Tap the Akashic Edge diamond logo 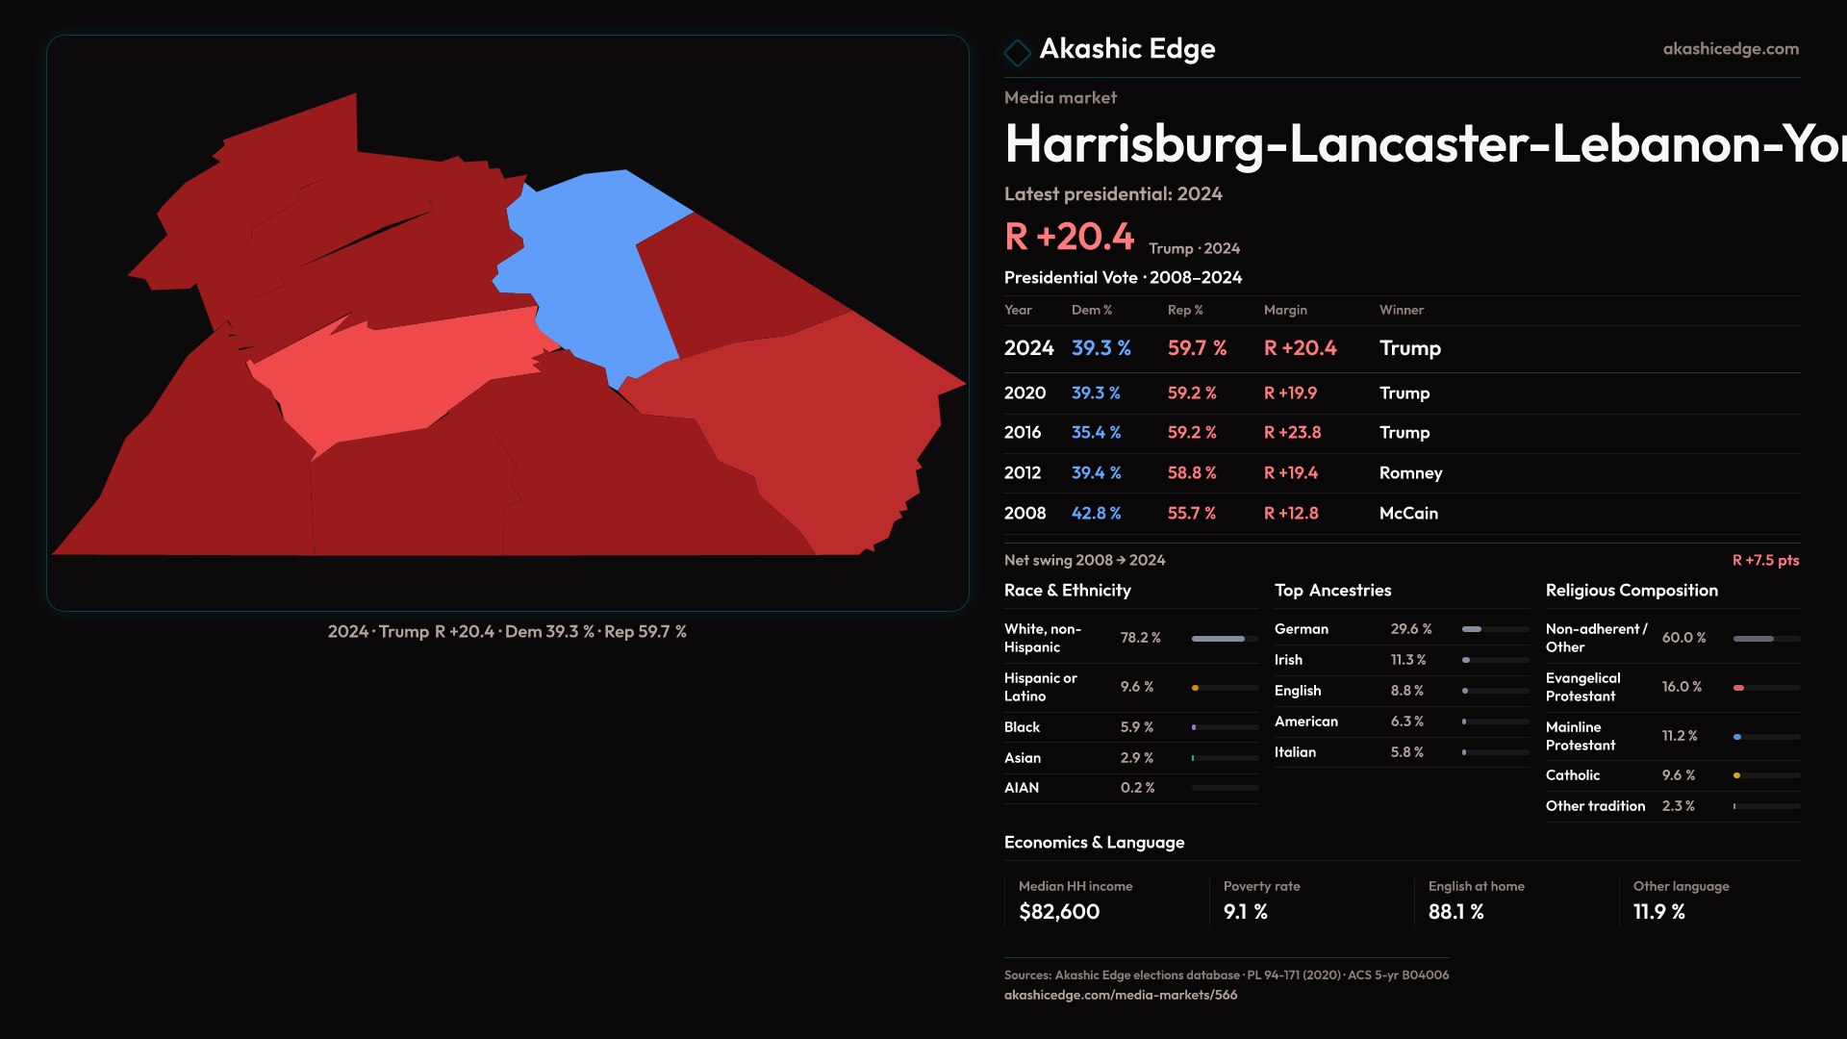(1017, 51)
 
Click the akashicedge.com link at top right (1731, 49)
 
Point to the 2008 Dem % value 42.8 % (1096, 514)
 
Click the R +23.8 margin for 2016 (1292, 433)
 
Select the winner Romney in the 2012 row (1410, 473)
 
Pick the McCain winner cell (1408, 514)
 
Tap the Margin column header (1285, 310)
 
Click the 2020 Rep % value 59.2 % (1192, 393)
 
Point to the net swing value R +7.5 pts (1765, 560)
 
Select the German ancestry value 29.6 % (1411, 629)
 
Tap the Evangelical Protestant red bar (1739, 688)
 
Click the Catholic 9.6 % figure (1679, 775)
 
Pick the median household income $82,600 (1059, 912)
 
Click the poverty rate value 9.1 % (1245, 912)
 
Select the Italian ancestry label (1295, 752)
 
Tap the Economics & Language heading (1094, 843)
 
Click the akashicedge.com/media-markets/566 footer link (1121, 995)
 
